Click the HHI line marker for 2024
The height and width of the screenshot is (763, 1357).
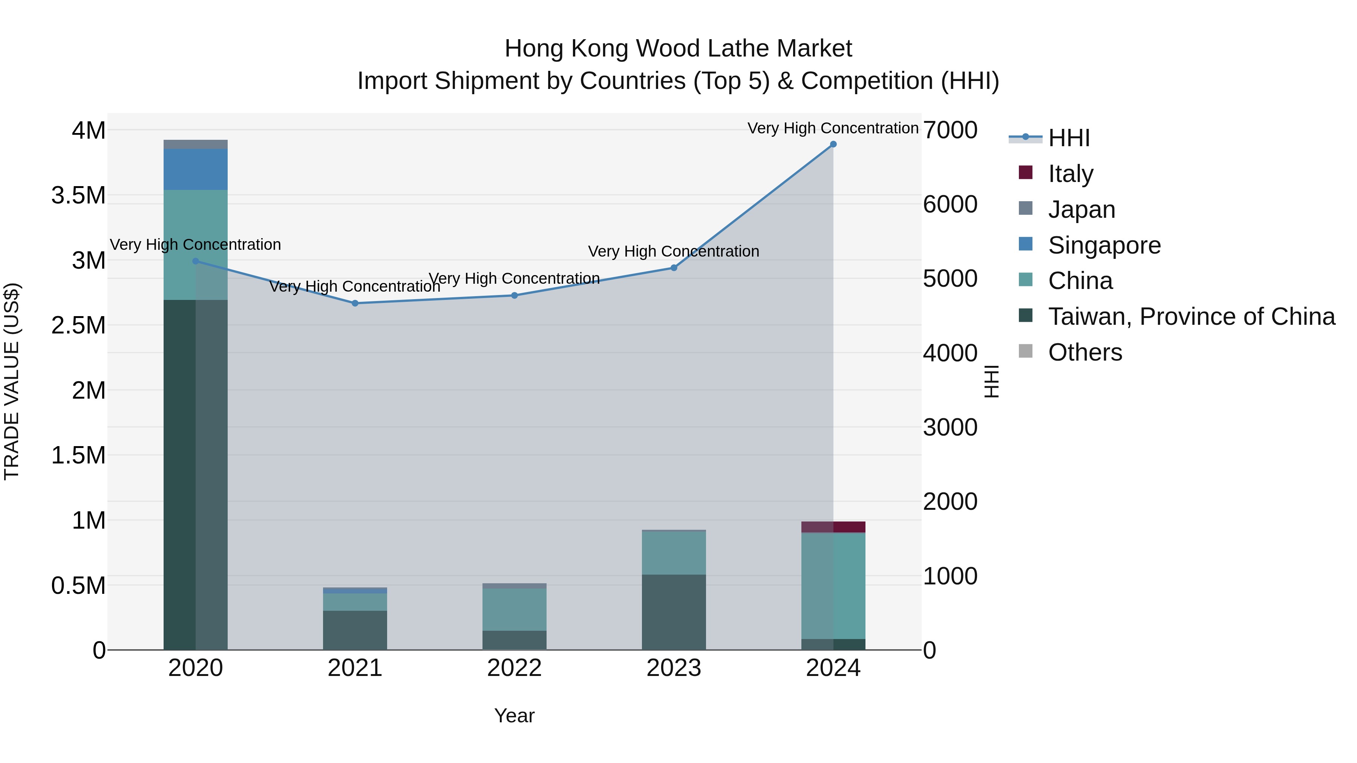tap(833, 144)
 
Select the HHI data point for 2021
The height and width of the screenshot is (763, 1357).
tap(355, 303)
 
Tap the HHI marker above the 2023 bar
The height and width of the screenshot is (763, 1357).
tap(674, 268)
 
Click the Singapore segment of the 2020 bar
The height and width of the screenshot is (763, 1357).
tap(195, 170)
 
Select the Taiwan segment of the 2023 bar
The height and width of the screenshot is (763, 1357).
tap(674, 612)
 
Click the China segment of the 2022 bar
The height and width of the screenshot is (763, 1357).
tap(515, 609)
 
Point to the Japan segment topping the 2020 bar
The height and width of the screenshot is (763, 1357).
tap(195, 144)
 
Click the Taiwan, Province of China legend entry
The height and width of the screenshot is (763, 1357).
tap(1190, 317)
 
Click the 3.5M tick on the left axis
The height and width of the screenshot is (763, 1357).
tap(78, 195)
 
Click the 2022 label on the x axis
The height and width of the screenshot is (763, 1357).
tap(515, 668)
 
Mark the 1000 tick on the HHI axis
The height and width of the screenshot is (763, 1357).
tap(950, 576)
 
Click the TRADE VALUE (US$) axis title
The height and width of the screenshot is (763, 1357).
tap(12, 381)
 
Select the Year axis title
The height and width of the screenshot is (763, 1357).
tap(514, 716)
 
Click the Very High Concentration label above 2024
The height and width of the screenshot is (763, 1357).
tap(833, 128)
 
